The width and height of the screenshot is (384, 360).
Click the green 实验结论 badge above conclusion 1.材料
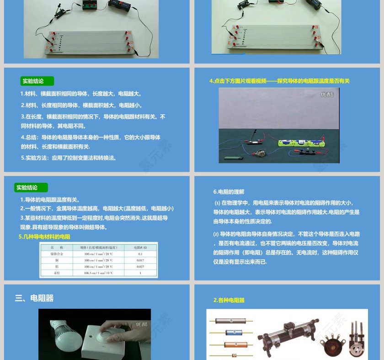click(37, 81)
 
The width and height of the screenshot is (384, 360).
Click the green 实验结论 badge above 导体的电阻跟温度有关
click(31, 188)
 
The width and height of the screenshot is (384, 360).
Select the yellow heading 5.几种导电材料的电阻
click(44, 237)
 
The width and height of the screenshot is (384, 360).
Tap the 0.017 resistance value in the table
click(140, 259)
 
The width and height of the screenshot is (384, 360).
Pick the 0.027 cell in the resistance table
click(140, 266)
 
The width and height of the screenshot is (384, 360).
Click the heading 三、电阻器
click(34, 298)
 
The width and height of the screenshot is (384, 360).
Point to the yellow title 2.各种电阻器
click(229, 300)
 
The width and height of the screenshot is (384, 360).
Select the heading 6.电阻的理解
click(229, 192)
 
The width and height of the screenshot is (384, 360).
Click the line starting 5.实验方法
click(69, 158)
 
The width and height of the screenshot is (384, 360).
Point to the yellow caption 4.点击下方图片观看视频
click(279, 81)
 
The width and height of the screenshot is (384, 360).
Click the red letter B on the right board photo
click(316, 27)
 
